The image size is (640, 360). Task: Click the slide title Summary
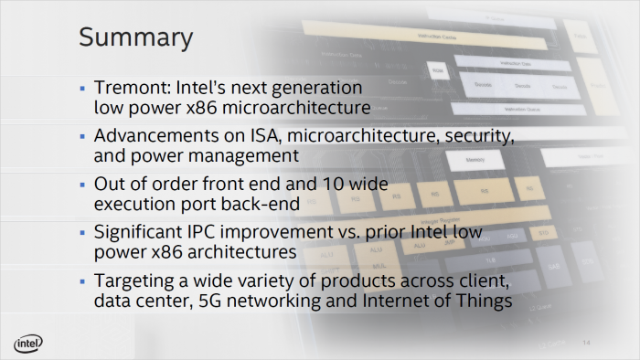(135, 37)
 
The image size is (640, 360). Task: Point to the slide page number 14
(588, 342)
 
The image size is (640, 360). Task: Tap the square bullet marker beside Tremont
(83, 89)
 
